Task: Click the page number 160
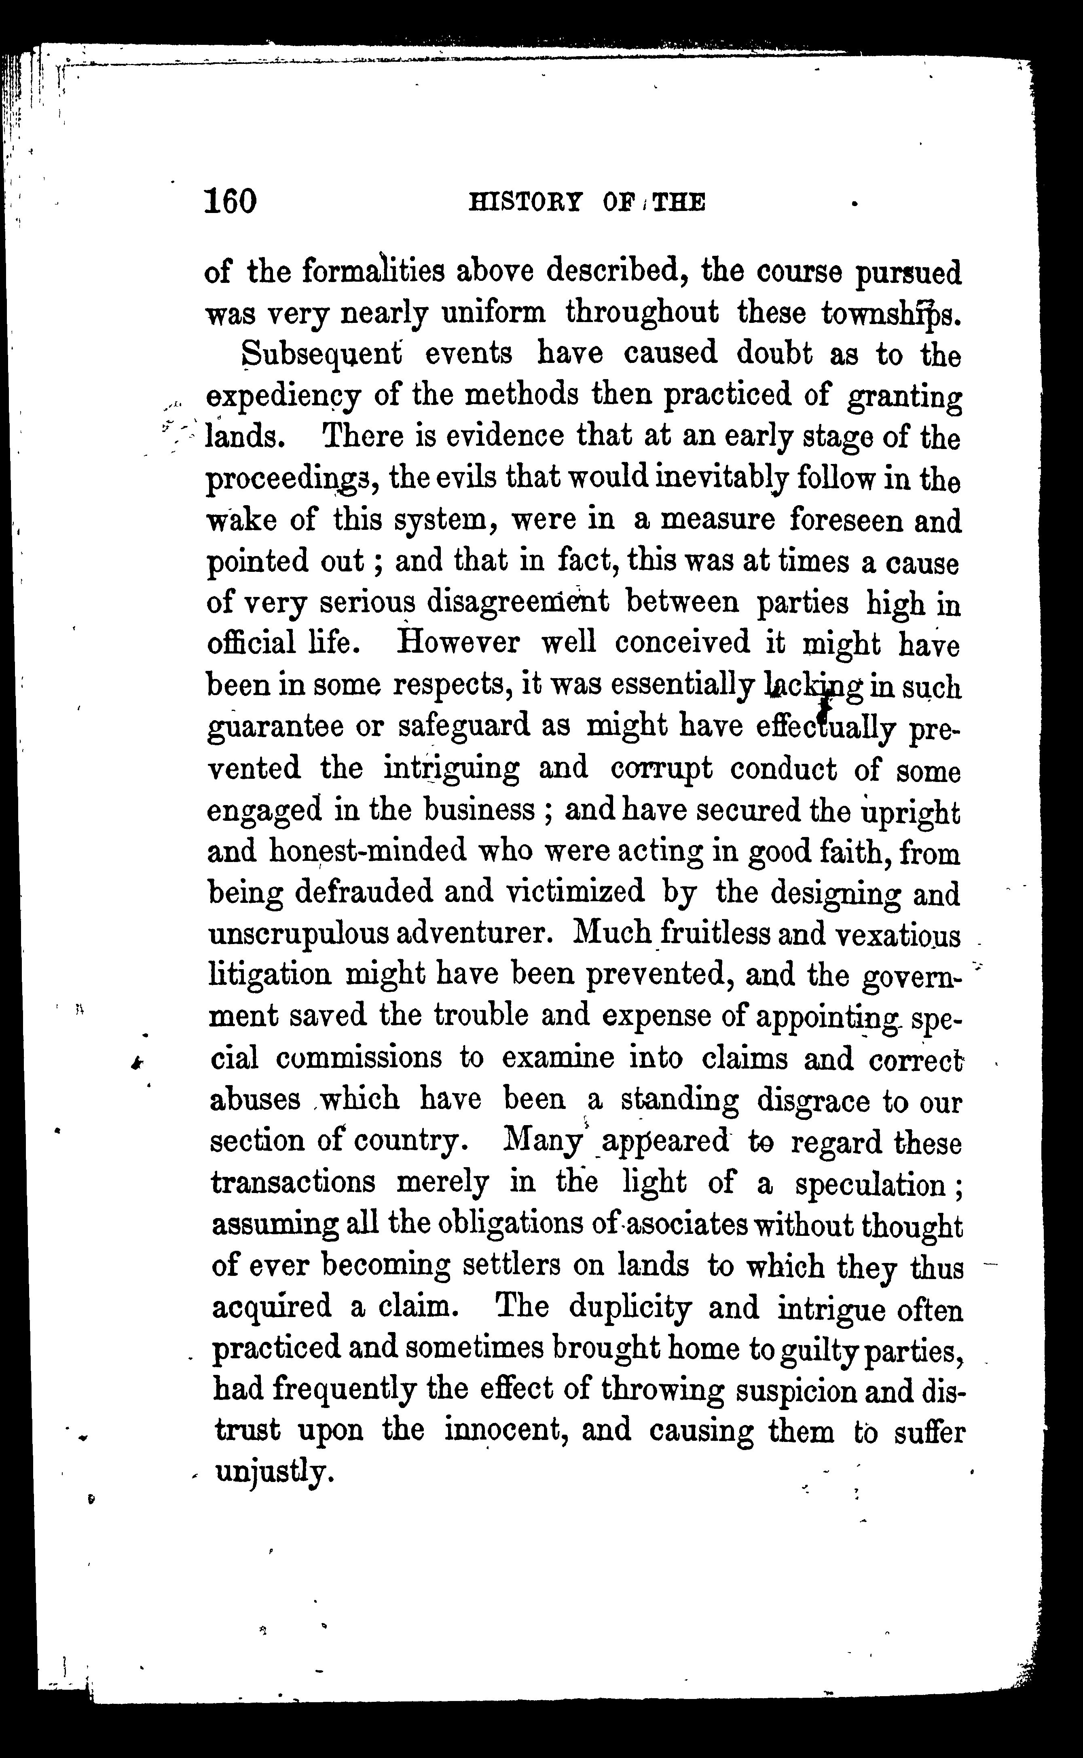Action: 230,201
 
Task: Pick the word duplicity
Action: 630,1308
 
